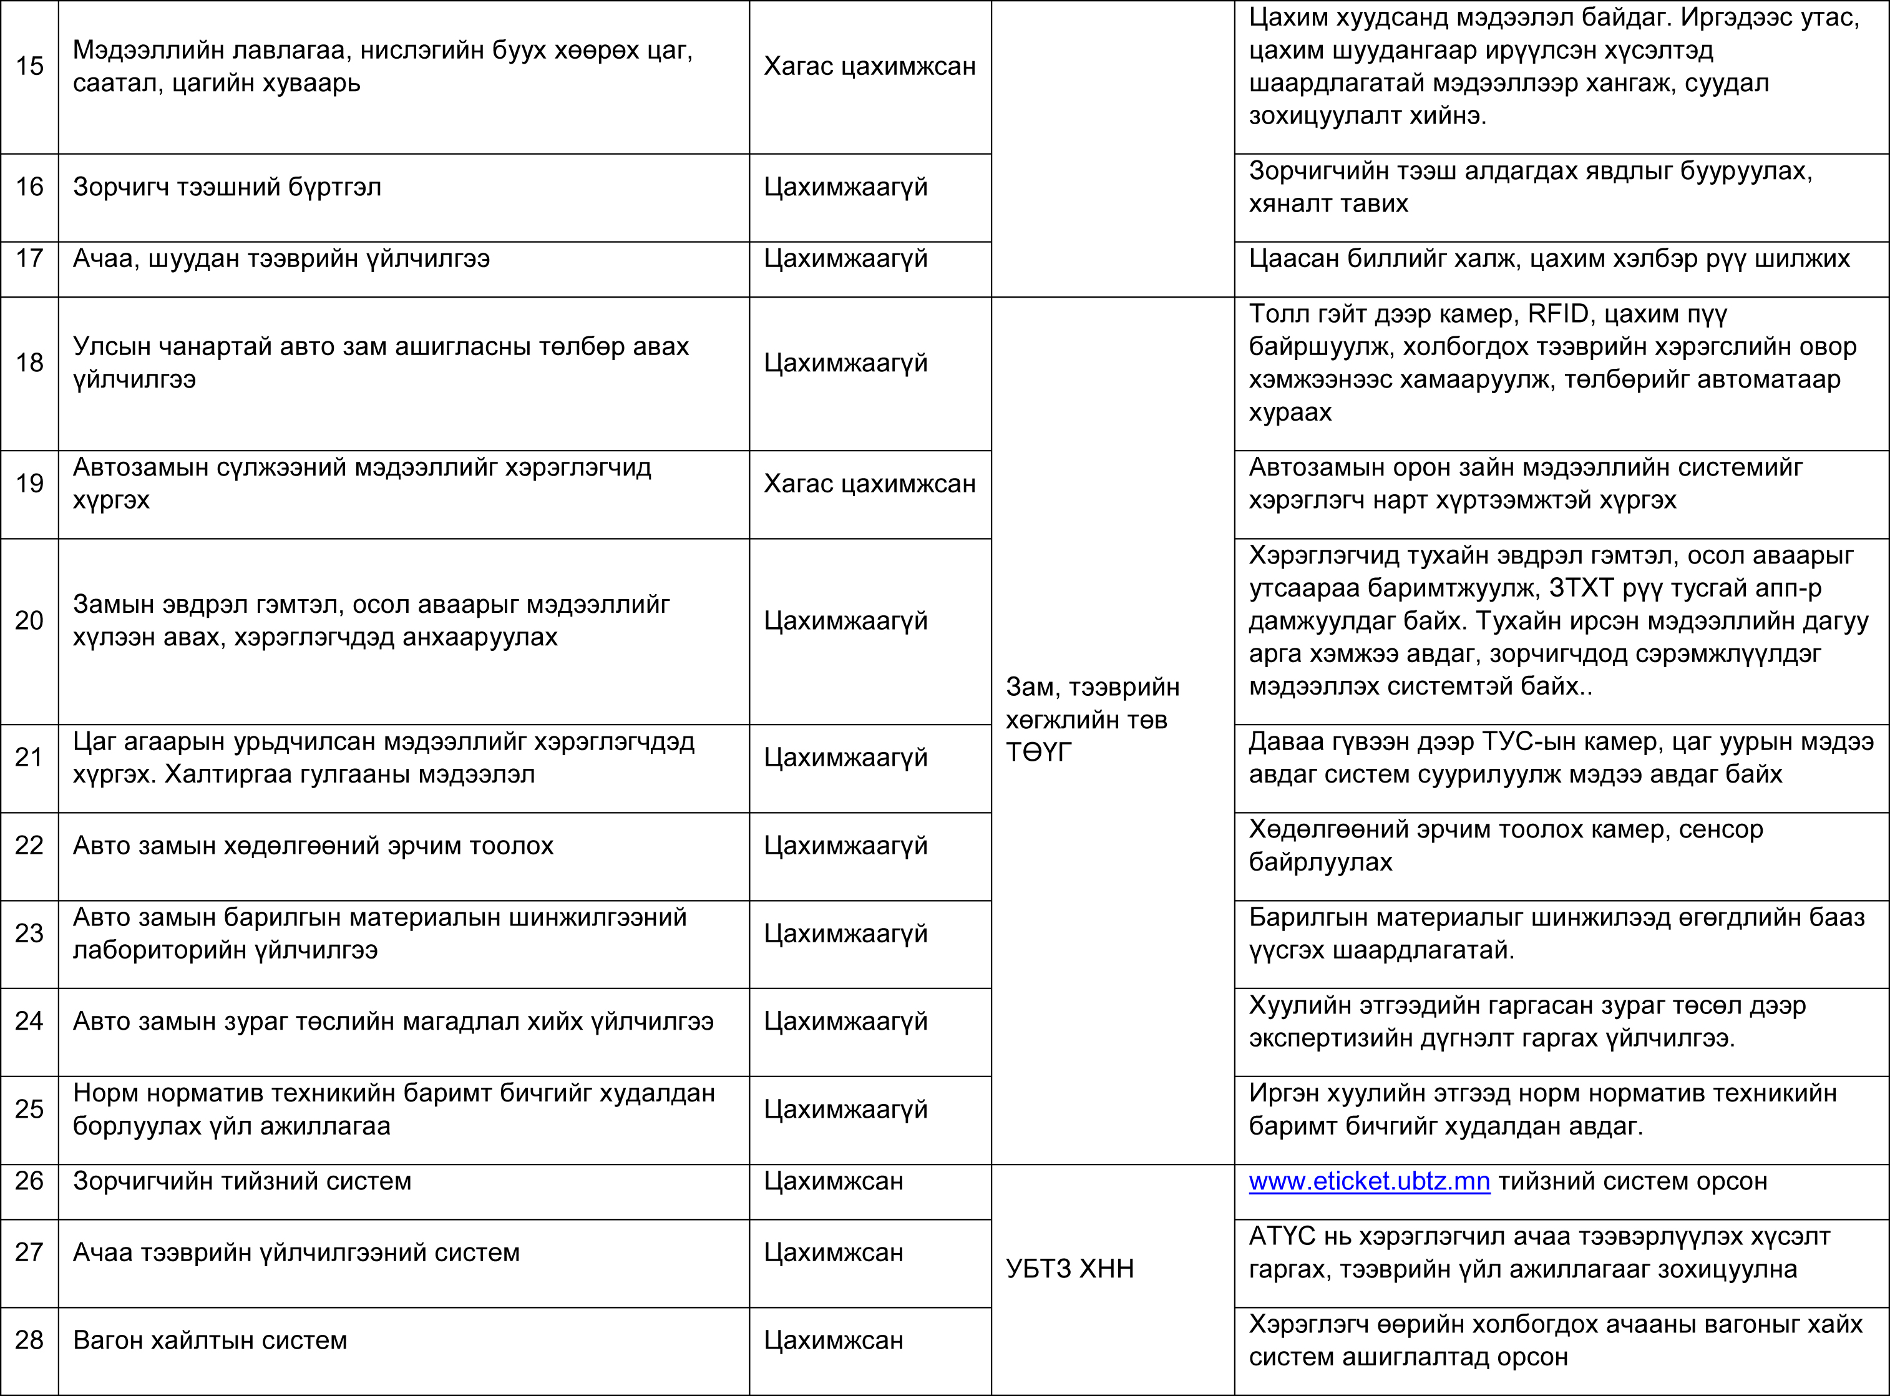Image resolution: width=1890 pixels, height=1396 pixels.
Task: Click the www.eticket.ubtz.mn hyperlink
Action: click(x=1369, y=1181)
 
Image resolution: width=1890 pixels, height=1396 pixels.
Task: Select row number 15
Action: click(x=29, y=66)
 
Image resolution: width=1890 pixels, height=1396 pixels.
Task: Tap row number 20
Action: click(x=29, y=621)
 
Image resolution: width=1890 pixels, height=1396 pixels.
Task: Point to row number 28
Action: click(x=29, y=1340)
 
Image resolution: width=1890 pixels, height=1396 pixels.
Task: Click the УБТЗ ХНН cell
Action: click(x=1069, y=1269)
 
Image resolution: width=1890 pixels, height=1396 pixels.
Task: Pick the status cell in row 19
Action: click(x=869, y=484)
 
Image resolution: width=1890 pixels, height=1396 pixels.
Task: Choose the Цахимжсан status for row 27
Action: click(x=833, y=1252)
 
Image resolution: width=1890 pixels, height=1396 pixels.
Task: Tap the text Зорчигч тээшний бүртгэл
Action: click(x=227, y=187)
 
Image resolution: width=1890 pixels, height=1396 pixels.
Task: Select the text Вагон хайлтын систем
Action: click(x=210, y=1340)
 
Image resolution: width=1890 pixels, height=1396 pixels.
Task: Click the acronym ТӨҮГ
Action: click(x=1038, y=752)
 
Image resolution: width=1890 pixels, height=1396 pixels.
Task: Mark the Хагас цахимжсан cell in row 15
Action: click(x=869, y=66)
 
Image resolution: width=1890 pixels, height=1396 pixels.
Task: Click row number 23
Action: click(x=29, y=933)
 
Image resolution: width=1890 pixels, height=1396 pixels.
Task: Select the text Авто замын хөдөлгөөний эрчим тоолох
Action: click(x=313, y=846)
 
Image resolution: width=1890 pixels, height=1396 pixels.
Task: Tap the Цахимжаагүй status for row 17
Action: click(x=845, y=258)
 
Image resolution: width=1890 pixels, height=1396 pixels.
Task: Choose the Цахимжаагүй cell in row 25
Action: click(x=845, y=1110)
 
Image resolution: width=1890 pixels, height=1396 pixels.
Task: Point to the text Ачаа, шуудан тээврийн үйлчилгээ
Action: click(x=281, y=258)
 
